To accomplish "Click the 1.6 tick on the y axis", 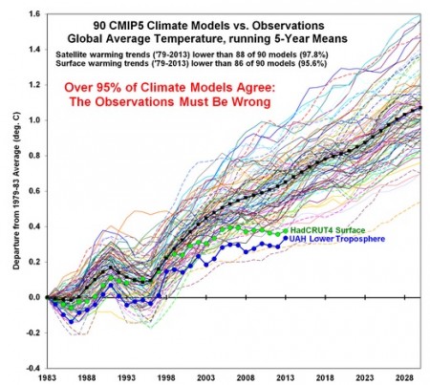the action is click(x=34, y=14).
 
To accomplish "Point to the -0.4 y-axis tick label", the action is click(x=32, y=368).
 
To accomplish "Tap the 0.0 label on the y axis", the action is click(x=34, y=297).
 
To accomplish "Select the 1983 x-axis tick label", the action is click(x=47, y=378).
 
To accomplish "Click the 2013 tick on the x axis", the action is click(x=286, y=378).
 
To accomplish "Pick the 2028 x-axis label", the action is click(x=404, y=378).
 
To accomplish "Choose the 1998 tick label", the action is click(x=166, y=378).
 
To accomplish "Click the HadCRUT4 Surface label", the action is click(x=328, y=230).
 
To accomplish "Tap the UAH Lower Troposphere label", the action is click(x=337, y=239).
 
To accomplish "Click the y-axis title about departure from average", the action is click(x=16, y=191).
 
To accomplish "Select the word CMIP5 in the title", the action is click(x=129, y=26).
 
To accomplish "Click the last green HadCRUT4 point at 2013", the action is click(x=286, y=231).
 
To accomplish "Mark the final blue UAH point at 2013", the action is click(x=286, y=238).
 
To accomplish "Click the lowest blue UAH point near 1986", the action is click(x=71, y=322).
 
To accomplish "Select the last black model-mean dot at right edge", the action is click(x=420, y=108).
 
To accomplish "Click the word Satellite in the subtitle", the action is click(x=69, y=53).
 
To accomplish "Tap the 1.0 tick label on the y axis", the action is click(x=34, y=120).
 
